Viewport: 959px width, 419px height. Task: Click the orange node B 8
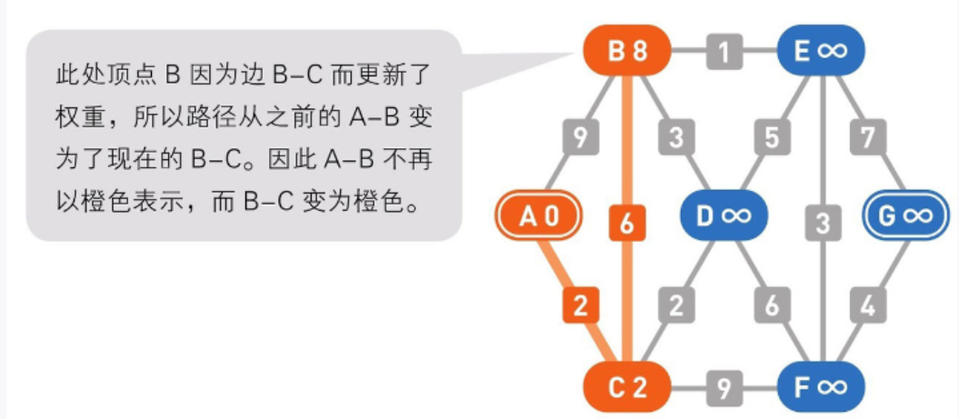point(627,52)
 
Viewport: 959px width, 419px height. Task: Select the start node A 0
point(538,215)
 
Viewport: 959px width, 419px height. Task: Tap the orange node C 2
point(627,387)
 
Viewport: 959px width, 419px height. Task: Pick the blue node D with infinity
point(724,215)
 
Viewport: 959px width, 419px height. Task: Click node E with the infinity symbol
point(821,52)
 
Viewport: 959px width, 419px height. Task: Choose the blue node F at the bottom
point(821,387)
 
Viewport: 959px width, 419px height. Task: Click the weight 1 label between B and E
point(724,52)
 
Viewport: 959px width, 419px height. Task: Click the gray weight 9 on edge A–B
point(579,138)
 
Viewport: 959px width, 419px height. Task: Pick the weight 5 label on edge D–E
point(772,138)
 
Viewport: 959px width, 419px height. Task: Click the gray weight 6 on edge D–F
point(772,306)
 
